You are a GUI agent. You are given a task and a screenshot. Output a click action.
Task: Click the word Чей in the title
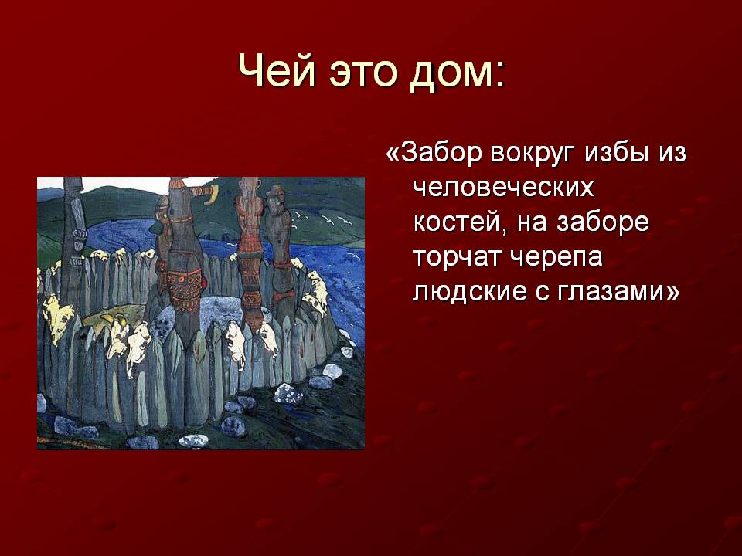[276, 71]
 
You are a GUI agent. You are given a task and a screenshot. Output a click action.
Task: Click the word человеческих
[503, 188]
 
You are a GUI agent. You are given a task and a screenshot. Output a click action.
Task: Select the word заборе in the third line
[603, 222]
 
